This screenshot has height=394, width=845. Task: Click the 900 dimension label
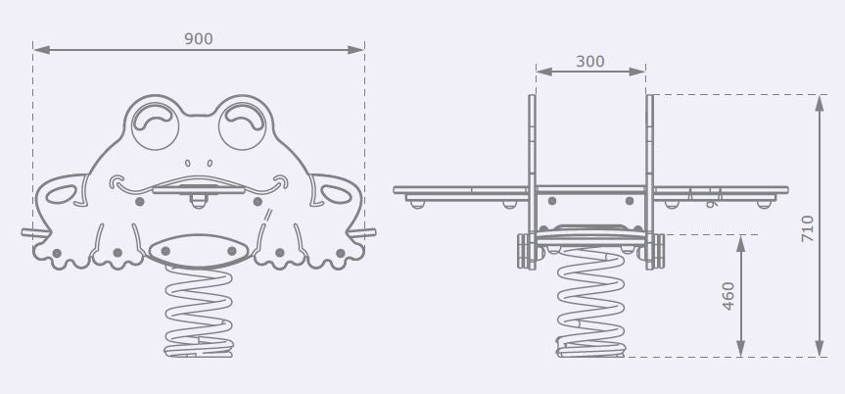pyautogui.click(x=199, y=39)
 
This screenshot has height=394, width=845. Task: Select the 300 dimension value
pyautogui.click(x=590, y=62)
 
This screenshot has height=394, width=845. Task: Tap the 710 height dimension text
pyautogui.click(x=807, y=228)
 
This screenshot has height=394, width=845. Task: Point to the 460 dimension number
pyautogui.click(x=728, y=296)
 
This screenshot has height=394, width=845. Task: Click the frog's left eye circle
pyautogui.click(x=156, y=125)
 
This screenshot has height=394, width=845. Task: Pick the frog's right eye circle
pyautogui.click(x=243, y=125)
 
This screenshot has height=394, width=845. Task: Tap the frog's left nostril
pyautogui.click(x=188, y=163)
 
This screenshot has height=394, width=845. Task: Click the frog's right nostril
pyautogui.click(x=210, y=163)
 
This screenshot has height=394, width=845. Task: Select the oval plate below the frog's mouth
pyautogui.click(x=199, y=252)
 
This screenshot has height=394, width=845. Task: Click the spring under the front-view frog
pyautogui.click(x=199, y=312)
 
